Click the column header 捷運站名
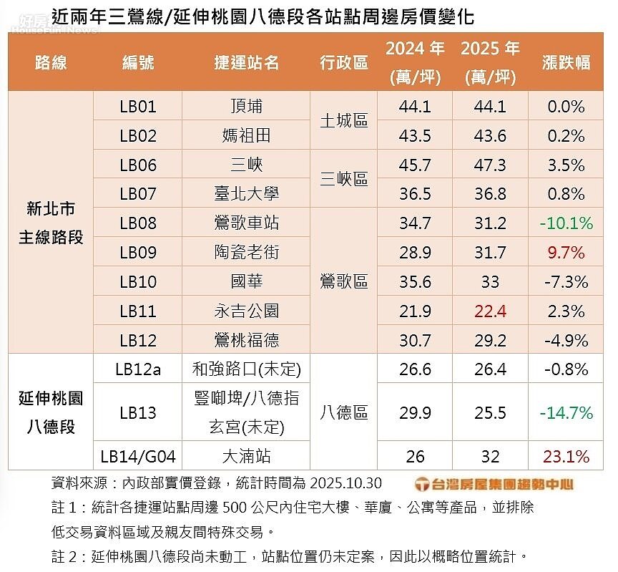246,62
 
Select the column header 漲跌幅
566,62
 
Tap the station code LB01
138,107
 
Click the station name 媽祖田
246,136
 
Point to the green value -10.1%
566,223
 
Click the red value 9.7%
566,253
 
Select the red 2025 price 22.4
490,311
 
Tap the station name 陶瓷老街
246,253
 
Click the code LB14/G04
138,456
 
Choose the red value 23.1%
566,456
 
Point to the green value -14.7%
566,412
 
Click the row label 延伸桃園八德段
51,412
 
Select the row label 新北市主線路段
51,223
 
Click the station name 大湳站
246,456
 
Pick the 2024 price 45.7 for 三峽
415,165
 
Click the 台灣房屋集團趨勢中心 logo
494,484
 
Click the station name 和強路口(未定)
246,369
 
